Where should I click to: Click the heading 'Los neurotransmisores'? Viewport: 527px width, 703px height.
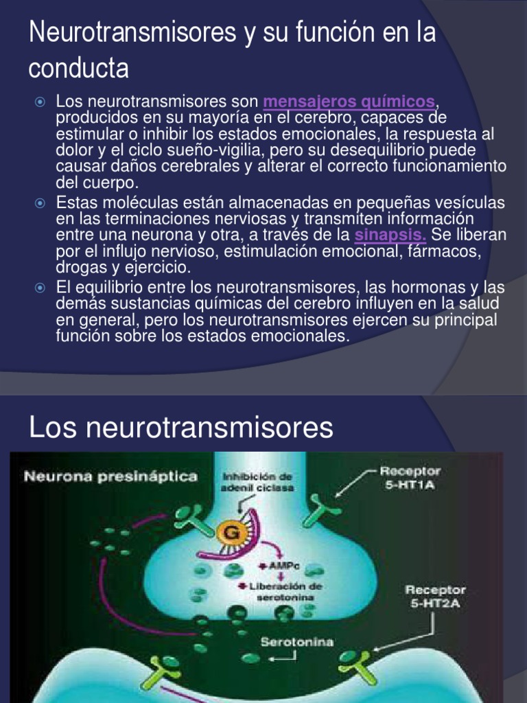tap(181, 428)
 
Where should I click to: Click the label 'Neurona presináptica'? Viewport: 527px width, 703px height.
tap(111, 476)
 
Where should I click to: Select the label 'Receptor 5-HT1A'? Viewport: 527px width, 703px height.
tap(410, 477)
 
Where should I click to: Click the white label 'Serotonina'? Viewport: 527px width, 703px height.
tap(297, 642)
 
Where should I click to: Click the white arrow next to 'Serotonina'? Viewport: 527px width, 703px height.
tap(283, 658)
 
